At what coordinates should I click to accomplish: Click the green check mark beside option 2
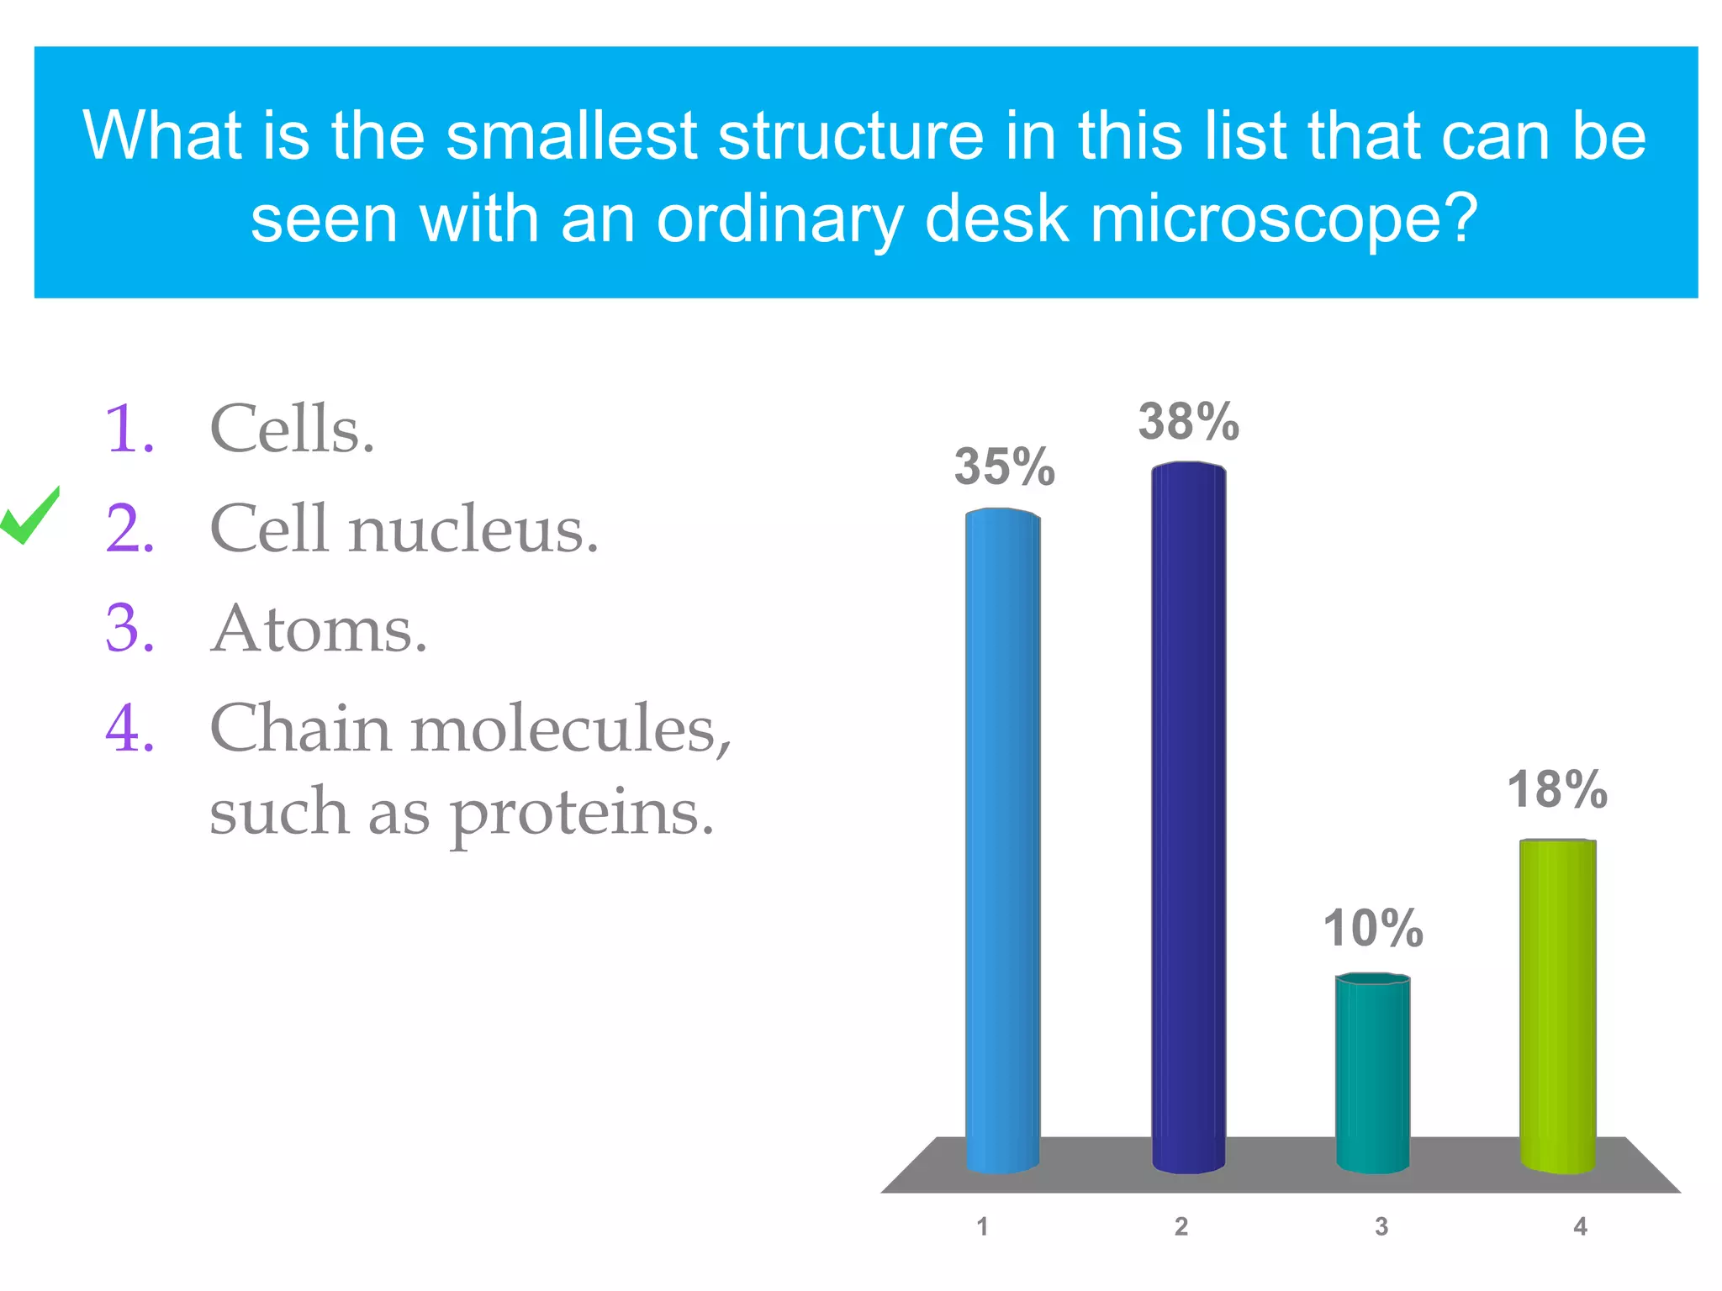point(30,517)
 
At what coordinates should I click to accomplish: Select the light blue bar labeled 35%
point(1002,840)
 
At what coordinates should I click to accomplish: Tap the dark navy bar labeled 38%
point(1188,815)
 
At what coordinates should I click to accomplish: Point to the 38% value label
point(1188,422)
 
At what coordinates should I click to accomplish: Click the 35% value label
point(1004,467)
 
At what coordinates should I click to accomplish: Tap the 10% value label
point(1373,929)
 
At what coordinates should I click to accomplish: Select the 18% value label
point(1557,790)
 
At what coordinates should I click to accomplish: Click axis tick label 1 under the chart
point(982,1227)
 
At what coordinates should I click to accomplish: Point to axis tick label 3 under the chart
point(1381,1227)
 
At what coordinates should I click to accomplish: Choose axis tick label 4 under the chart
point(1580,1227)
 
